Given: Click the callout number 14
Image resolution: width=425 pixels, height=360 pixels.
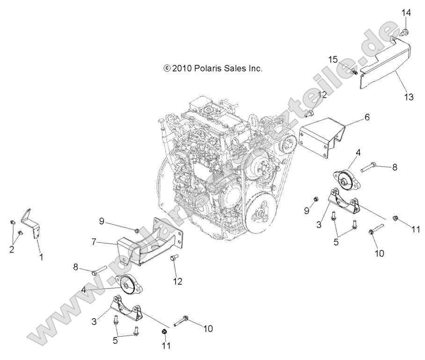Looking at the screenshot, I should tap(406, 13).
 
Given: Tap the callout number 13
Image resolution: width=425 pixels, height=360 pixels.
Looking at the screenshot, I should tap(409, 97).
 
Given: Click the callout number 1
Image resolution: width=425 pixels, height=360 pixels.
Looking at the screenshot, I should tap(40, 256).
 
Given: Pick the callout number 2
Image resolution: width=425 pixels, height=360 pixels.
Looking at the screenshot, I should tap(12, 249).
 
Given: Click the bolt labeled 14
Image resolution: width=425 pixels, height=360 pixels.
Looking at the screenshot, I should tap(405, 32).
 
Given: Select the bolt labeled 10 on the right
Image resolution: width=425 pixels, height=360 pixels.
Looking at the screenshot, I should tap(377, 229).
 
